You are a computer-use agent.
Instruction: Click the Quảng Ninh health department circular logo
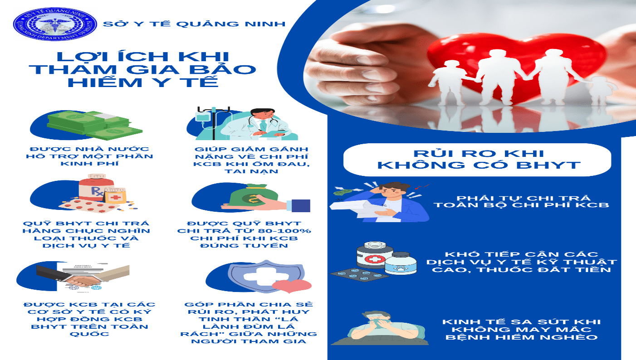point(55,24)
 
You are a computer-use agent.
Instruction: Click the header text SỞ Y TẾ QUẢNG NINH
point(194,24)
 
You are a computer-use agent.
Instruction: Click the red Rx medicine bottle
point(96,188)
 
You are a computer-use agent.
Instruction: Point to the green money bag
point(253,196)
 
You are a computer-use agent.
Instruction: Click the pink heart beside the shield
point(292,286)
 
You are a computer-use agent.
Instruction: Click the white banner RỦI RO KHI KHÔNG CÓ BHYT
point(477,160)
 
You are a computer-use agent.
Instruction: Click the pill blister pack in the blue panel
point(359,274)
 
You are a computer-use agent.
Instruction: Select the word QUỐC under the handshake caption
point(89,334)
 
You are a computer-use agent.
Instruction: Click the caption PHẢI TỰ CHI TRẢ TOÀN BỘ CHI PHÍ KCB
point(521,201)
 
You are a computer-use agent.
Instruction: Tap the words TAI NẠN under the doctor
point(251,171)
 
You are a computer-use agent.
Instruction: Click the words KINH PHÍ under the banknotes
point(89,164)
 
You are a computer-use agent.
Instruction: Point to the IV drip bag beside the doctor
point(202,117)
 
